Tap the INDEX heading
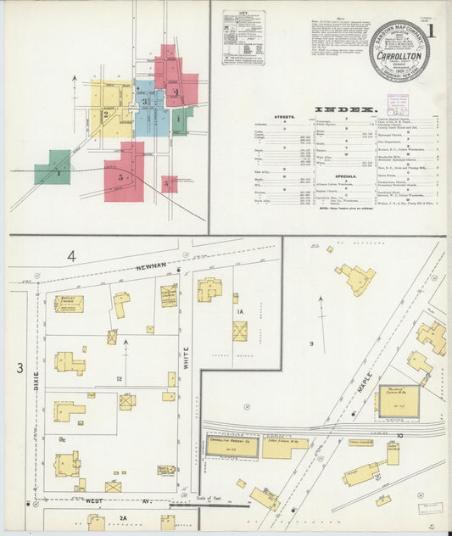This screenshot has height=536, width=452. point(345,109)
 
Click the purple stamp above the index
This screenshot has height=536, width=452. point(398,104)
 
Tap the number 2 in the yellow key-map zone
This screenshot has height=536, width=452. point(105,114)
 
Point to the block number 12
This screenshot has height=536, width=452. point(120,378)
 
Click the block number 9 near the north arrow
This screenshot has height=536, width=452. point(311,343)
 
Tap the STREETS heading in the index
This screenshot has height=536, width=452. point(283,116)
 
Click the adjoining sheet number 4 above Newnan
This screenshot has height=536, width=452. point(72,255)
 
